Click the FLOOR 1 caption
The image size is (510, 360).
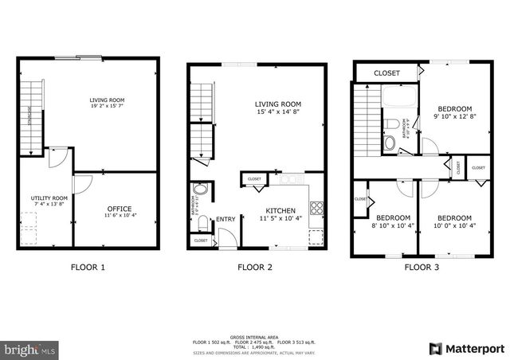pos(88,268)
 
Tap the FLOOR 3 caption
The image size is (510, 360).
pos(422,268)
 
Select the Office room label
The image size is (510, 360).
pos(119,209)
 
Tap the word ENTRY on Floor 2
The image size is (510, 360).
pos(226,219)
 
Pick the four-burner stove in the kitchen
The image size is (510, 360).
pos(316,209)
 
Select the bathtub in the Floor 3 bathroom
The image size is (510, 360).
pos(396,101)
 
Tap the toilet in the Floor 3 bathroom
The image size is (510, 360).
pos(389,143)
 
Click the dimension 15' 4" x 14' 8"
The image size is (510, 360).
pos(277,112)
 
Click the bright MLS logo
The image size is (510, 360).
pos(29,349)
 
